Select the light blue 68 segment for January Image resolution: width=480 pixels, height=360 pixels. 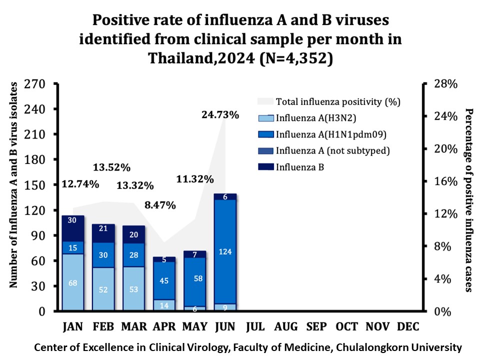tap(73, 282)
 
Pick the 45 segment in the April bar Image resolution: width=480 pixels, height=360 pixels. tap(164, 280)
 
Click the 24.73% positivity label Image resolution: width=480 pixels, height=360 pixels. tap(220, 115)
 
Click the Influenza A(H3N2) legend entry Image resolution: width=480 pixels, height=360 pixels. tap(312, 118)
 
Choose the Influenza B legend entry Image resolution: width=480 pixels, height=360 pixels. tap(300, 167)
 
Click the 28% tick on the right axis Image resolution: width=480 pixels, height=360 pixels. tap(444, 84)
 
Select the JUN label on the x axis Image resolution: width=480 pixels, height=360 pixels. tap(225, 327)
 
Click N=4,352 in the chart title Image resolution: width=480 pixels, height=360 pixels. tap(295, 58)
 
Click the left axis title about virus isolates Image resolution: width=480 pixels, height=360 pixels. tap(14, 185)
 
